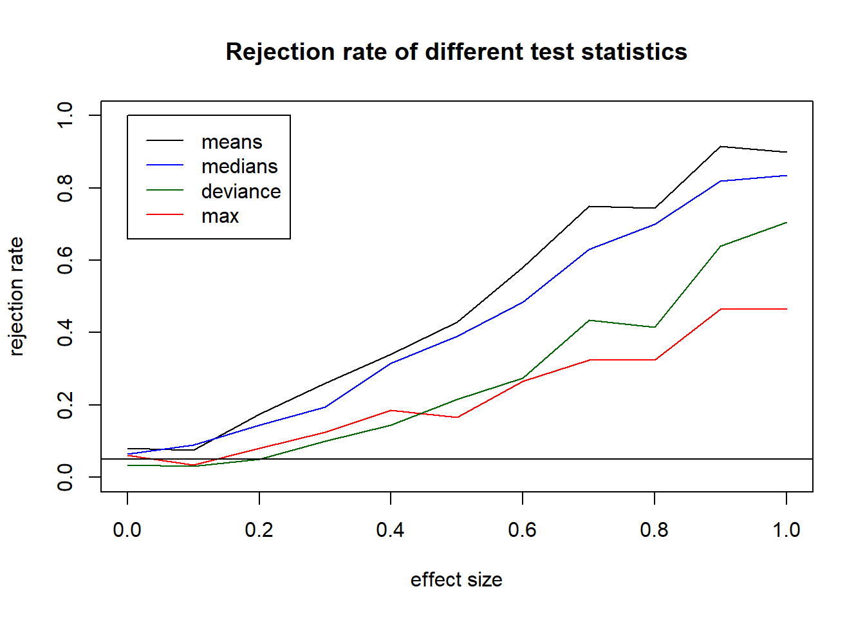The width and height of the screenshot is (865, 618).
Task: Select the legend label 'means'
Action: (232, 142)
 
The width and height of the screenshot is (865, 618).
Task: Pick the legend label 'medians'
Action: (239, 166)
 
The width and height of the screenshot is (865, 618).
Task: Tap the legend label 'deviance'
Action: (241, 191)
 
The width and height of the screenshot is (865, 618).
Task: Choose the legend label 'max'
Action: (220, 216)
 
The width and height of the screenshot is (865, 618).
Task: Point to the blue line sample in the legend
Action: (165, 165)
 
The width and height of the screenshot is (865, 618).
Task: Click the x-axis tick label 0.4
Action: (391, 530)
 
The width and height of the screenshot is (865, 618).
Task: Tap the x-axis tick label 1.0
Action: (786, 530)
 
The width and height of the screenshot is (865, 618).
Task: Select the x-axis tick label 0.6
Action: (523, 530)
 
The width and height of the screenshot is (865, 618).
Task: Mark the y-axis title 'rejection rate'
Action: (16, 296)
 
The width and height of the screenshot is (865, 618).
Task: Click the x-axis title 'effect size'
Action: (456, 579)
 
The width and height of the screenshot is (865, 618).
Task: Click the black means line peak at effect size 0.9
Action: (721, 147)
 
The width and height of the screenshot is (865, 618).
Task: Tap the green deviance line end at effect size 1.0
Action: (786, 223)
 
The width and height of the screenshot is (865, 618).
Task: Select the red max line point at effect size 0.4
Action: (391, 411)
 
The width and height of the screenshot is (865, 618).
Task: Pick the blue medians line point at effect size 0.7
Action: (589, 249)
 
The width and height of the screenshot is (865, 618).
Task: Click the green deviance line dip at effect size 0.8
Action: (655, 327)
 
